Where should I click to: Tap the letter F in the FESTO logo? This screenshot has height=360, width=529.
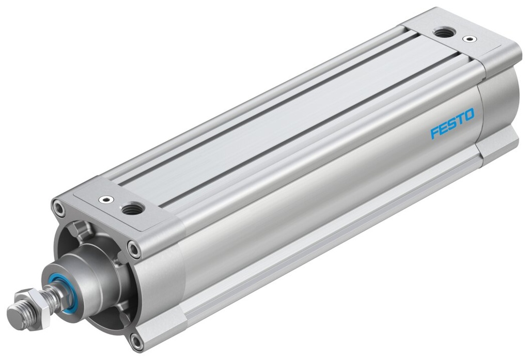coord(434,132)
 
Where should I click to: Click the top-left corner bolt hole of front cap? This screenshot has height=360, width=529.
coord(57,208)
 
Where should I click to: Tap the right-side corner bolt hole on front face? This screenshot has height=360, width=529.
coord(134,250)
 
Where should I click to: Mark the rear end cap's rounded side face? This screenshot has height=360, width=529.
coord(499,108)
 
